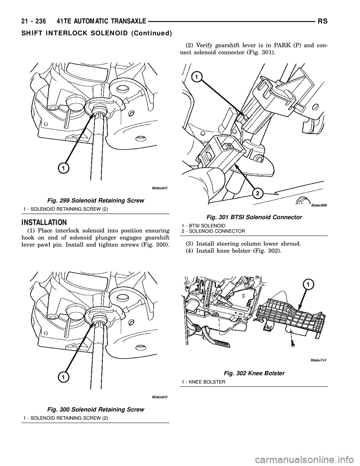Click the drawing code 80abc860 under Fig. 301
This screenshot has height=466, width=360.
tap(319, 205)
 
